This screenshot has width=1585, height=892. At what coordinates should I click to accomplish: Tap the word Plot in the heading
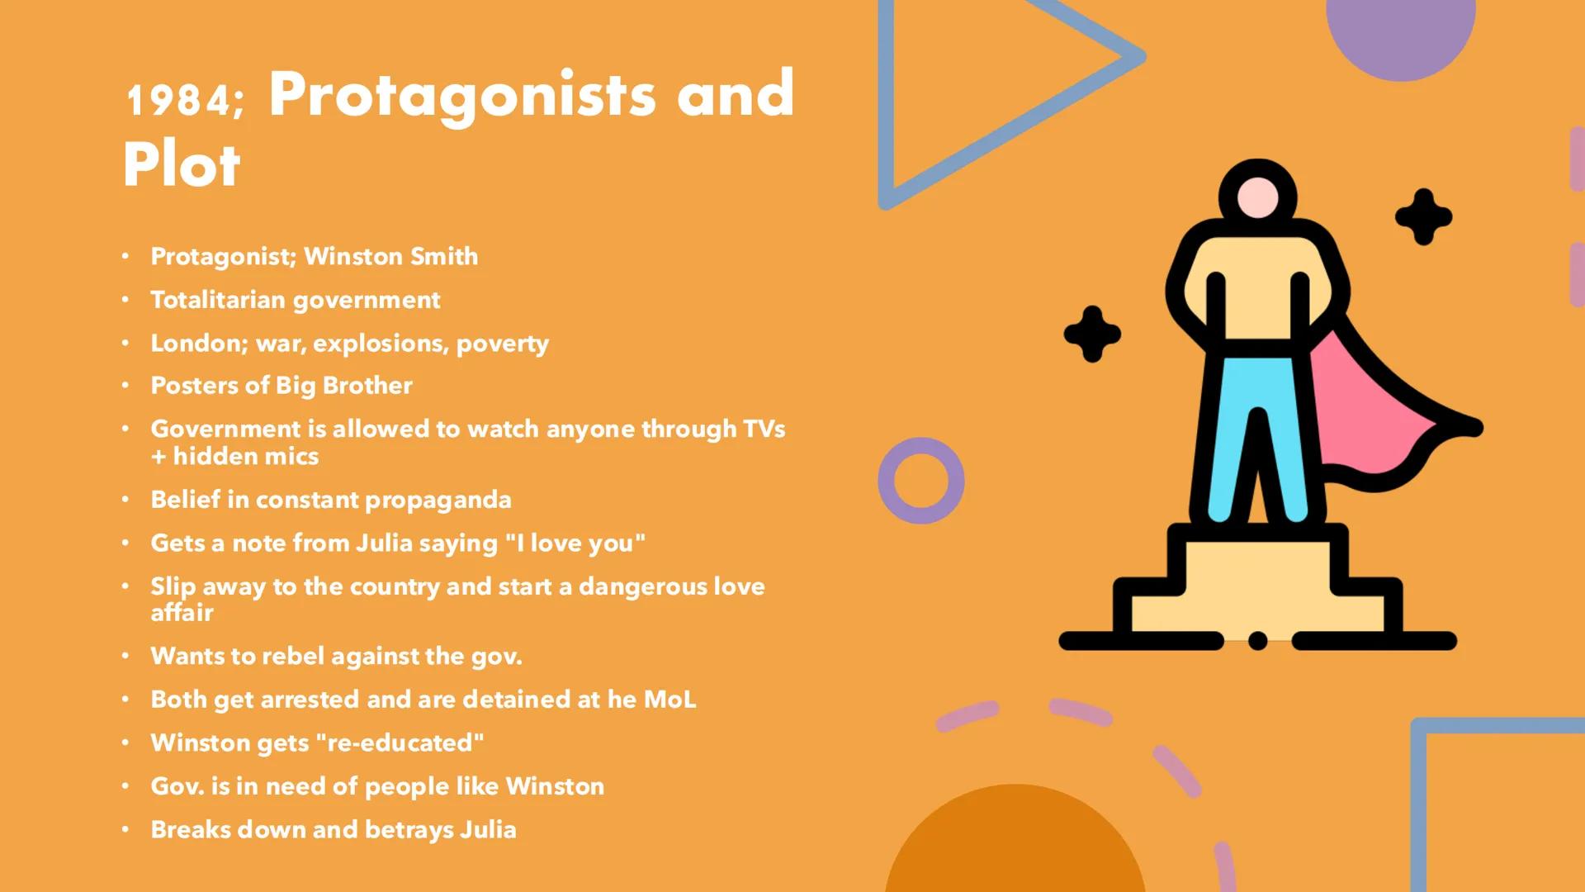pos(182,165)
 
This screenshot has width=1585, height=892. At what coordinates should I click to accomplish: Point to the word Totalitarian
pos(218,300)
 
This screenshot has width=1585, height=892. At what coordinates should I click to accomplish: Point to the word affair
pos(182,613)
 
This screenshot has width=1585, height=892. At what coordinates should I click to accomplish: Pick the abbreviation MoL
pos(669,700)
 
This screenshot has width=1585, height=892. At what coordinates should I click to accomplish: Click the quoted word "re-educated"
pos(400,743)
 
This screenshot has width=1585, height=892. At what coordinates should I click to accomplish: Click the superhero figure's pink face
pos(1257,198)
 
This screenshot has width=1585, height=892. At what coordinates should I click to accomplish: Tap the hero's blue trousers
pos(1257,438)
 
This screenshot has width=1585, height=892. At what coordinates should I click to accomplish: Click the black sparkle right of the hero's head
pos(1423,217)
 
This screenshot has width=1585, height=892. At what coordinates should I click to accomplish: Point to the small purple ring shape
pos(921,481)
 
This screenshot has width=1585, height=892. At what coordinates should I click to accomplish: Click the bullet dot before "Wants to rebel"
pos(125,657)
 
